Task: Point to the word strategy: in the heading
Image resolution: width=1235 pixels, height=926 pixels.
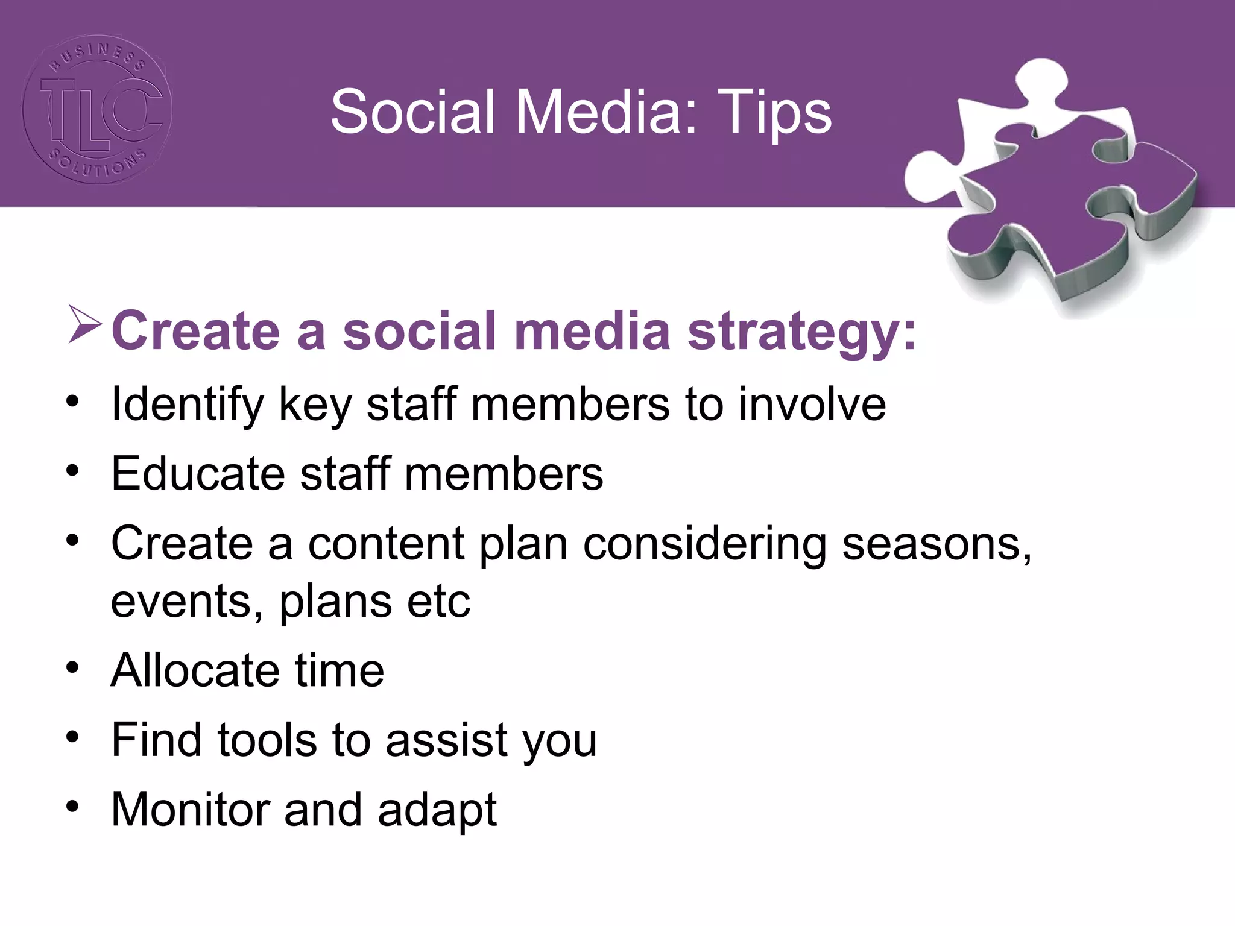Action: pos(802,332)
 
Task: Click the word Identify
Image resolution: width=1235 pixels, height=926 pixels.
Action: pos(188,405)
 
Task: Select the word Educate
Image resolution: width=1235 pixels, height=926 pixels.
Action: pos(198,474)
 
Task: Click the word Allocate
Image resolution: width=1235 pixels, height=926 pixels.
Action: pos(195,670)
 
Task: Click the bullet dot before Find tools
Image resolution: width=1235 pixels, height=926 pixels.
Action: pos(73,737)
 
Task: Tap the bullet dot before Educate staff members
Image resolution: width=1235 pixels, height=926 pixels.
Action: pos(73,470)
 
